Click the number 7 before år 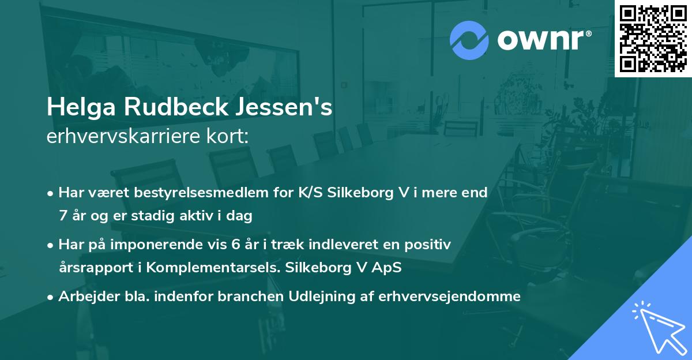(62, 216)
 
